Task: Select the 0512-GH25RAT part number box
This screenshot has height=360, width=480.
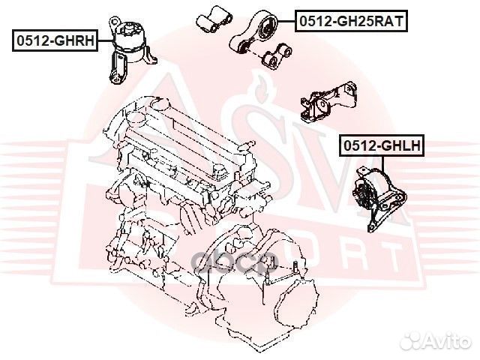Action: (350, 22)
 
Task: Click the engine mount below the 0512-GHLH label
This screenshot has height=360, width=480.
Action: (378, 199)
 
